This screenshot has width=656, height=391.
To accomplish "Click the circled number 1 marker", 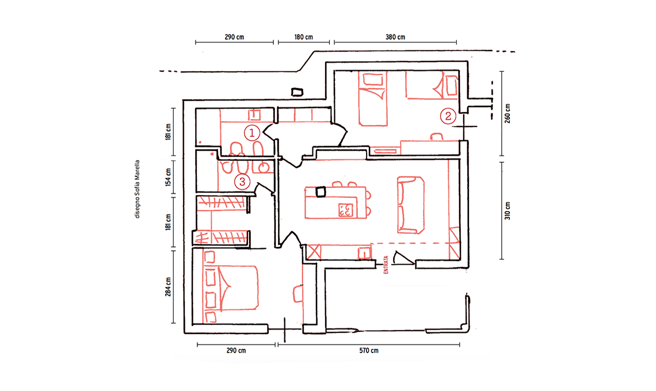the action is tap(252, 133).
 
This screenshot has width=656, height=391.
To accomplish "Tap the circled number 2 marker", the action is tap(448, 116).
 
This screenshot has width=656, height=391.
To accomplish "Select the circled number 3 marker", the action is tap(242, 182).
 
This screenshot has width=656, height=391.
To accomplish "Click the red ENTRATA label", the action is tap(386, 264).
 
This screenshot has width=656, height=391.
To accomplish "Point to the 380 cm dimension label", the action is tap(395, 37).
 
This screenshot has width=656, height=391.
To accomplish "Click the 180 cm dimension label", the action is tap(304, 37).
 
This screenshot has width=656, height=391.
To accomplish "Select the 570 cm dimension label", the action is tap(369, 350).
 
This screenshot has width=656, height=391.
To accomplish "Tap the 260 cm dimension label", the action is tap(508, 113).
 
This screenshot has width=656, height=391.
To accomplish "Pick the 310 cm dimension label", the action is tap(508, 211).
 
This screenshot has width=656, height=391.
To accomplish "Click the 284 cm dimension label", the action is tap(168, 287).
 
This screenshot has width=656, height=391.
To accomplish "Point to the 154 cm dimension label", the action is tap(168, 177).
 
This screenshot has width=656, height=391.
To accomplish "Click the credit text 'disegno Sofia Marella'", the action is tap(137, 189).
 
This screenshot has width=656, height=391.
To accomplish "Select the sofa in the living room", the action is tap(411, 205).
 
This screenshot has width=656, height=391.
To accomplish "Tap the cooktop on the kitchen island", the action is tap(346, 210).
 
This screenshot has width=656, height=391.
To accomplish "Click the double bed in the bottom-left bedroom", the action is tap(231, 289).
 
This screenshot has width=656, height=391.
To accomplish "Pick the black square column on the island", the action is tap(321, 192).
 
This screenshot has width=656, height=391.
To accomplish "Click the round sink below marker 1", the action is tap(263, 168).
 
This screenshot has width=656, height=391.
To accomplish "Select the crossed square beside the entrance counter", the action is tap(314, 252).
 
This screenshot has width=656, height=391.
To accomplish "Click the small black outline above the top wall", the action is tap(296, 92).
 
